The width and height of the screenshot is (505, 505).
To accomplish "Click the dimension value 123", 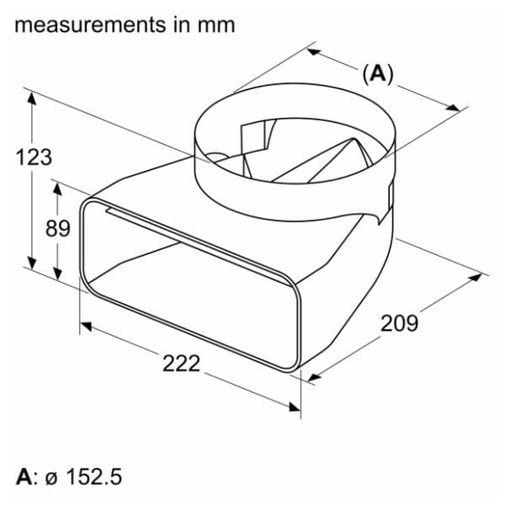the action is point(34,157).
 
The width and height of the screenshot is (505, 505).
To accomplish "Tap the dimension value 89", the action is point(57,228).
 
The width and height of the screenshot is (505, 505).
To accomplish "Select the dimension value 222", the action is point(181,364).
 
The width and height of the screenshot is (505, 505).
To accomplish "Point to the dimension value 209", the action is point(399,323).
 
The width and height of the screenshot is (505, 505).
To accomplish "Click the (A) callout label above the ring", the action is point(378,74).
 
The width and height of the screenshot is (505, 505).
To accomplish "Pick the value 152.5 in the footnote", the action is point(94,477).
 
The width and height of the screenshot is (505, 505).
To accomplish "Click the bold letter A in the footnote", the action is point(24,477).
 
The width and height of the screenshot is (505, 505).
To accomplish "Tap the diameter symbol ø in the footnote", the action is point(50,480).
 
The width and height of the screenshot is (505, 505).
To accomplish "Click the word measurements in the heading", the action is point(90,25).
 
